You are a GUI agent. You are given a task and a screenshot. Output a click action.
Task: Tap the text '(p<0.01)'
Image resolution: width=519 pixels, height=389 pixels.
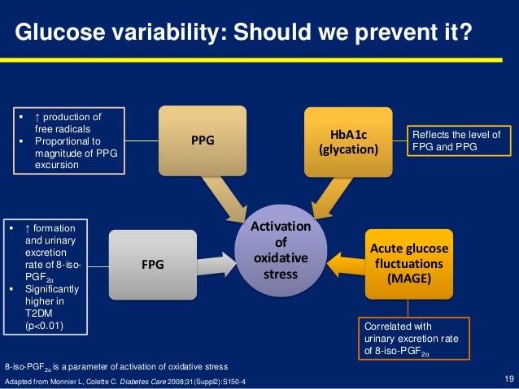click(x=46, y=326)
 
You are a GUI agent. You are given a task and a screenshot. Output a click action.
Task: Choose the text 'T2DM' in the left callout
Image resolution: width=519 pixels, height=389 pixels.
click(x=41, y=314)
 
